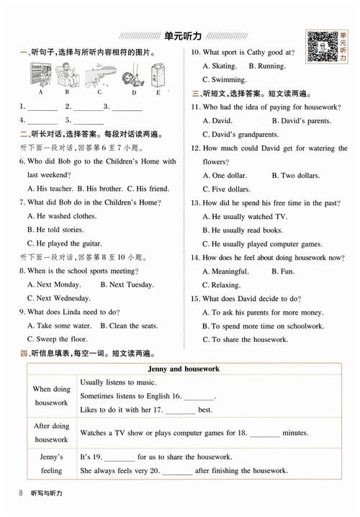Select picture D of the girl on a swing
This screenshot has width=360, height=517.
click(133, 75)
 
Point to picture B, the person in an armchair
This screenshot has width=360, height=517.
click(66, 73)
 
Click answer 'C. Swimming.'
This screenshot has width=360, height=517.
click(225, 80)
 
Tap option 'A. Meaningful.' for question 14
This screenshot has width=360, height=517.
click(229, 271)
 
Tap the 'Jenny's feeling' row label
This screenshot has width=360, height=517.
click(51, 464)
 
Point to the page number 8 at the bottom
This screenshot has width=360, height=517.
click(17, 493)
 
